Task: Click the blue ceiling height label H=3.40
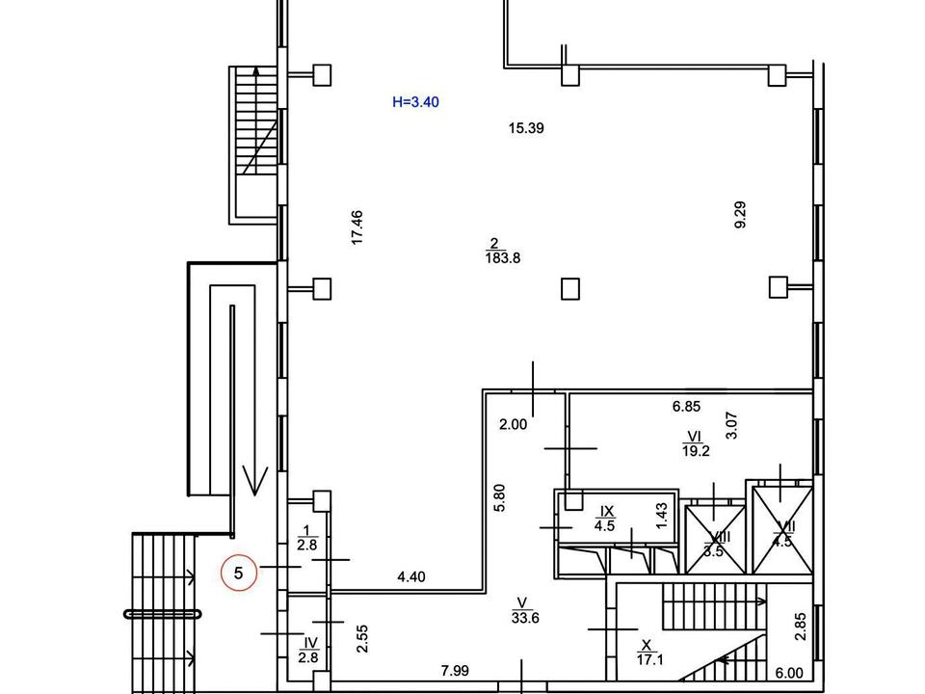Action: point(416,101)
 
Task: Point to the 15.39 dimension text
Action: point(527,127)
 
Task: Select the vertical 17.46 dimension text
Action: point(357,227)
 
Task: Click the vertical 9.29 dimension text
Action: point(740,213)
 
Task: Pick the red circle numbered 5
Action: point(239,573)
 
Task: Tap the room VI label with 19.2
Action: point(694,442)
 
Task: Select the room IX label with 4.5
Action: point(606,518)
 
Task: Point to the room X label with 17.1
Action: point(647,653)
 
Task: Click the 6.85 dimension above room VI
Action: point(686,408)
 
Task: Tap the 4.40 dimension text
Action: point(411,577)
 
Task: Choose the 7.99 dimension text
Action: point(455,670)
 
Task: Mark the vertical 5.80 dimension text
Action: point(499,496)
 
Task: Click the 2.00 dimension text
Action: point(513,423)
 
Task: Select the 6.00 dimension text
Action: point(789,674)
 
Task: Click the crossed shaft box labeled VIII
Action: point(714,539)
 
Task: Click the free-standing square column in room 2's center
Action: point(570,287)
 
